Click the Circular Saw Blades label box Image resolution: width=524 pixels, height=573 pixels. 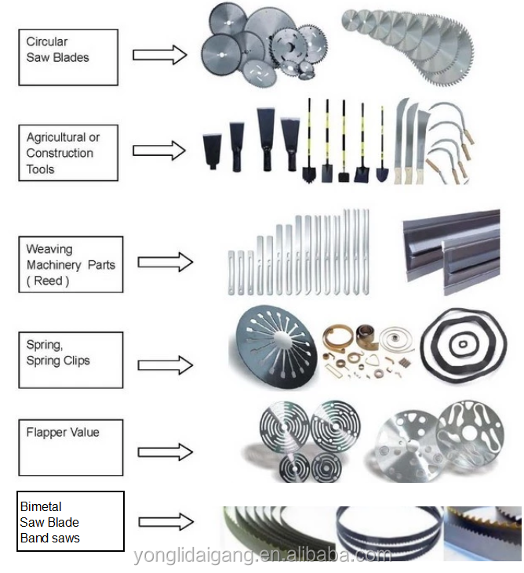coord(68,57)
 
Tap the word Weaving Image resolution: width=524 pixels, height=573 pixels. coord(49,249)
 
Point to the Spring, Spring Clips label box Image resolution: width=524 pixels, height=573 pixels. coord(70,360)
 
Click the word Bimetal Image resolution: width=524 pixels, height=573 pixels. coord(41,506)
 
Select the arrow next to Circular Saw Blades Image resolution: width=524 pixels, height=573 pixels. coord(159,54)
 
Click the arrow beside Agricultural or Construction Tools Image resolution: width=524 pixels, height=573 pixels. coord(159,150)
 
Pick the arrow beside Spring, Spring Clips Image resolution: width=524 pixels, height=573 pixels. coord(165,364)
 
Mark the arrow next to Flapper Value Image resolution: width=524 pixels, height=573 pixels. coord(165,452)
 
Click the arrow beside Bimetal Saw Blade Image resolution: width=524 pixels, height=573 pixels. coord(166,521)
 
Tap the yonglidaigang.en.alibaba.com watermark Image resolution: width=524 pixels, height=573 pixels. coord(262,556)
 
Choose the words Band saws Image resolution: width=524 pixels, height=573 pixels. coord(50,538)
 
